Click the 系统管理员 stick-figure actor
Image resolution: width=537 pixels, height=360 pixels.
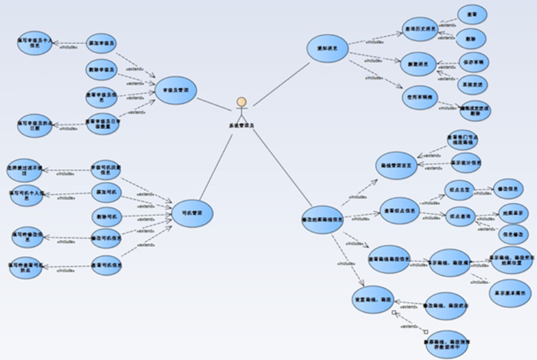click(x=241, y=109)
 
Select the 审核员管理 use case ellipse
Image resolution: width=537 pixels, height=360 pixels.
click(x=176, y=91)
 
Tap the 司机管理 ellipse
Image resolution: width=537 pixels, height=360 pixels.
click(x=192, y=213)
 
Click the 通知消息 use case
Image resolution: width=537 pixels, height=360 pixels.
click(x=328, y=48)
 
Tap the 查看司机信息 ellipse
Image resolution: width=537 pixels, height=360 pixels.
click(x=106, y=265)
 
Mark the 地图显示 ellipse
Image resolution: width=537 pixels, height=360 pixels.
click(x=513, y=212)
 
